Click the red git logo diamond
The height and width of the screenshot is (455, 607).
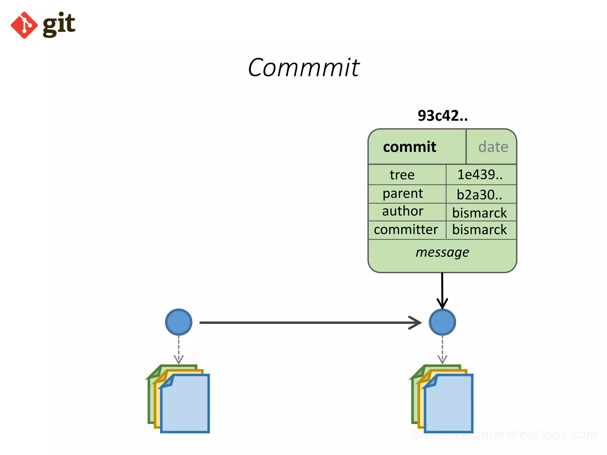pyautogui.click(x=24, y=25)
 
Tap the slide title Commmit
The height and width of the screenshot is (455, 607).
pyautogui.click(x=303, y=68)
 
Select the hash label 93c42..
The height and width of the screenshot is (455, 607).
pyautogui.click(x=443, y=116)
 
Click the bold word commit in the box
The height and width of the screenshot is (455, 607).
pyautogui.click(x=410, y=147)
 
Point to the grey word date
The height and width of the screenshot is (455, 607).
pyautogui.click(x=493, y=147)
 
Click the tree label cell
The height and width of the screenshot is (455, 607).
pyautogui.click(x=402, y=175)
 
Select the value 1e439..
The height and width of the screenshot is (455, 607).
pyautogui.click(x=480, y=174)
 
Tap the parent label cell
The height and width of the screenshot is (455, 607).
pyautogui.click(x=402, y=194)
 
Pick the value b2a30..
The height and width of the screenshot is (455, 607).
pyautogui.click(x=479, y=195)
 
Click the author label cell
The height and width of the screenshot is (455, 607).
pyautogui.click(x=402, y=211)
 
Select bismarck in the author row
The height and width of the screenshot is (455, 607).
pyautogui.click(x=479, y=213)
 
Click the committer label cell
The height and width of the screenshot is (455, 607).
pyautogui.click(x=406, y=230)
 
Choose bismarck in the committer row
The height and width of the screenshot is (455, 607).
pyautogui.click(x=479, y=230)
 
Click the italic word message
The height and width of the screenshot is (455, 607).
pyautogui.click(x=442, y=252)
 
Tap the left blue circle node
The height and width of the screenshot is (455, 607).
pyautogui.click(x=179, y=322)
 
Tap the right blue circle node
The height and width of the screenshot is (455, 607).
pyautogui.click(x=442, y=322)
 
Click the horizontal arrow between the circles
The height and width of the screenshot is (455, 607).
pyautogui.click(x=308, y=323)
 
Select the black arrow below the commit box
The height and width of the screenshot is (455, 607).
pyautogui.click(x=442, y=290)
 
